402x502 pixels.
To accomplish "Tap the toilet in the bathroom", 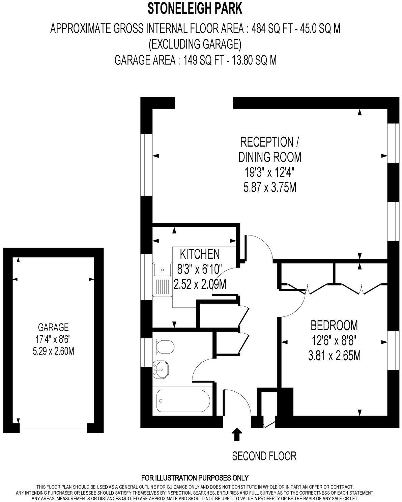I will pyautogui.click(x=164, y=346).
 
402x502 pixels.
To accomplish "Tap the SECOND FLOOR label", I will pyautogui.click(x=264, y=456).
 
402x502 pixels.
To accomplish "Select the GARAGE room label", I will pyautogui.click(x=53, y=327).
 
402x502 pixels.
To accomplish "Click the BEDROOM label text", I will pyautogui.click(x=334, y=326).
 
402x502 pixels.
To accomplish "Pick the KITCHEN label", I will pyautogui.click(x=200, y=254).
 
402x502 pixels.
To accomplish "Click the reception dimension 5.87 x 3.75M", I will pyautogui.click(x=270, y=188).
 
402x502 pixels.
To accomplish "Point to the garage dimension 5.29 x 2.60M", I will pyautogui.click(x=53, y=352).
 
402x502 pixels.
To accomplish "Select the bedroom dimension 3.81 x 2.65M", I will pyautogui.click(x=334, y=356).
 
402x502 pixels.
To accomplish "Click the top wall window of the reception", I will pyautogui.click(x=204, y=103).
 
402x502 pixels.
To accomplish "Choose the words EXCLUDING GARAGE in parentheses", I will pyautogui.click(x=195, y=44).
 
